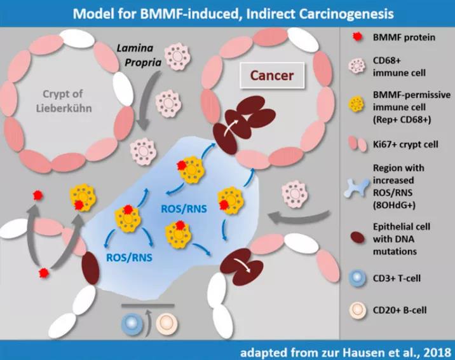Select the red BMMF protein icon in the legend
356,37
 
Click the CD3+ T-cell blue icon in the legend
357,278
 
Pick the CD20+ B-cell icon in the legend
357,312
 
